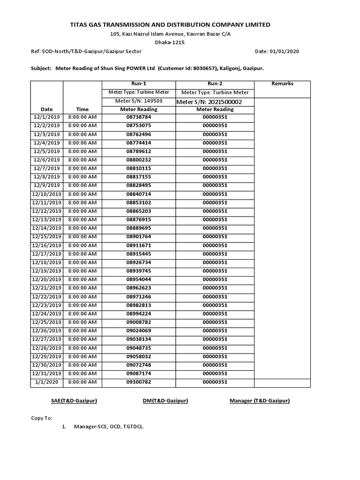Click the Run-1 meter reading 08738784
pyautogui.click(x=139, y=117)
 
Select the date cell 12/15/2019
pyautogui.click(x=47, y=237)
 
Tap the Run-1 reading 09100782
pyautogui.click(x=139, y=382)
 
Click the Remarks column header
pyautogui.click(x=282, y=83)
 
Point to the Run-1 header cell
pyautogui.click(x=139, y=83)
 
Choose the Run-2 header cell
pyautogui.click(x=215, y=83)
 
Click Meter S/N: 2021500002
pyautogui.click(x=209, y=102)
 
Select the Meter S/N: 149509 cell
pyautogui.click(x=139, y=101)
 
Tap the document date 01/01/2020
pyautogui.click(x=284, y=51)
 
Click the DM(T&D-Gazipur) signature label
pyautogui.click(x=165, y=401)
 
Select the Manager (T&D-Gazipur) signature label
pyautogui.click(x=259, y=401)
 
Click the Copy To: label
pyautogui.click(x=42, y=418)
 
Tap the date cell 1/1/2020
pyautogui.click(x=47, y=382)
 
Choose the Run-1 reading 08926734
pyautogui.click(x=139, y=262)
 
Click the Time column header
pyautogui.click(x=82, y=109)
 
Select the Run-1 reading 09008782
pyautogui.click(x=139, y=322)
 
